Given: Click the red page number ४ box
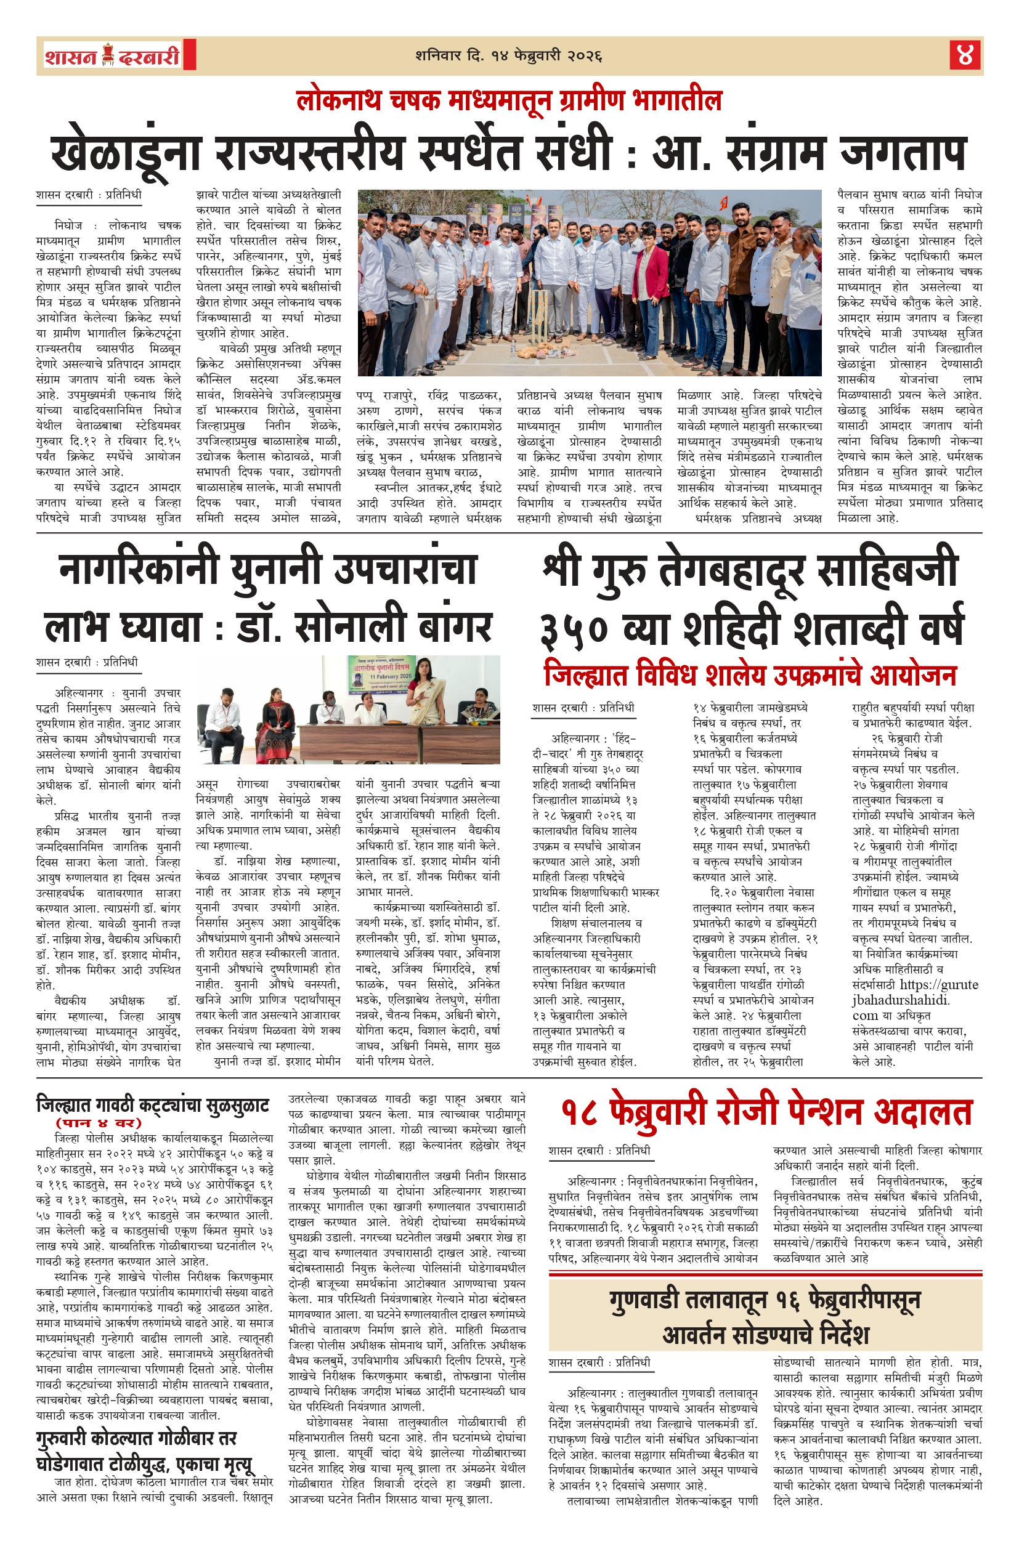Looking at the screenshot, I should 964,55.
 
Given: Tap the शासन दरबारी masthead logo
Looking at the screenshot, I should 112,56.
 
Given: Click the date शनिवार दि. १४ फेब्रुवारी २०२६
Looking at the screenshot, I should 508,56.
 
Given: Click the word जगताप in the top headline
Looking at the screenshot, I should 903,153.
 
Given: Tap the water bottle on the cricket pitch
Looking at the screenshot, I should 513,350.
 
